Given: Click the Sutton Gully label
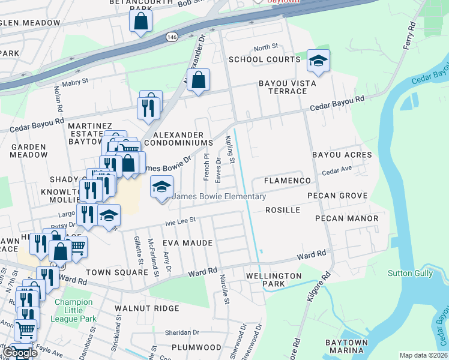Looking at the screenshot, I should coord(408,273).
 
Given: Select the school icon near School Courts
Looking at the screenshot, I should coord(318,61).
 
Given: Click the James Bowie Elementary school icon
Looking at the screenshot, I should coord(161,187).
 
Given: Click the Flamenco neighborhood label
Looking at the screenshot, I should coord(288,181).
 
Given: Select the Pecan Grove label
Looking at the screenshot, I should coord(337,196).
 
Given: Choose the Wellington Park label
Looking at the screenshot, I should coord(274,280).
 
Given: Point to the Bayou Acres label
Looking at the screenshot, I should coord(342,155).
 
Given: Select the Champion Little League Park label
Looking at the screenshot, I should coord(73,311).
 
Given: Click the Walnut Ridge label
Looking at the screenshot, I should coord(147,308).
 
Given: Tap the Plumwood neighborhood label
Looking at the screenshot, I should coord(196,347).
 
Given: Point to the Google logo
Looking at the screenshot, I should coord(20,353).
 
